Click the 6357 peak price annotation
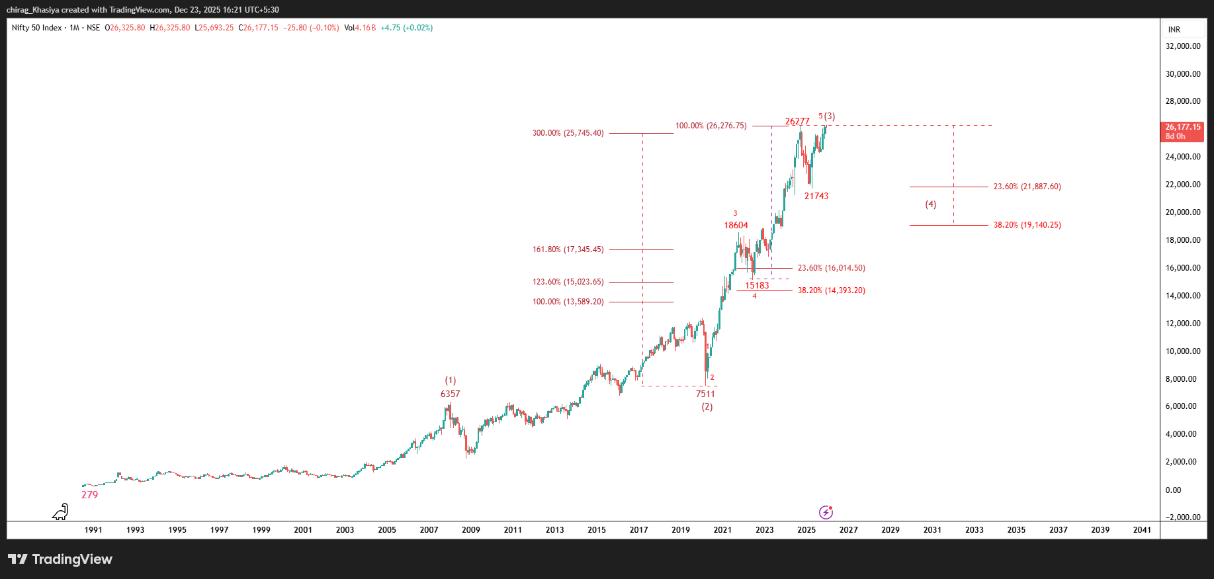pyautogui.click(x=450, y=394)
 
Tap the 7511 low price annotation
pyautogui.click(x=705, y=394)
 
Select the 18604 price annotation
pyautogui.click(x=736, y=225)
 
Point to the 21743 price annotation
pyautogui.click(x=816, y=196)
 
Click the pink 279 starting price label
pyautogui.click(x=89, y=495)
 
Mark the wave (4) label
pyautogui.click(x=930, y=204)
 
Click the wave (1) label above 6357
pyautogui.click(x=450, y=380)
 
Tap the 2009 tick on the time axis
pyautogui.click(x=470, y=530)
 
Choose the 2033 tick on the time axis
pyautogui.click(x=974, y=530)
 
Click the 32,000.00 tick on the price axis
pyautogui.click(x=1182, y=46)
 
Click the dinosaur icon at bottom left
pyautogui.click(x=61, y=512)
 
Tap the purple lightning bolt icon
pyautogui.click(x=826, y=512)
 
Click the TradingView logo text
pyautogui.click(x=61, y=559)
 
